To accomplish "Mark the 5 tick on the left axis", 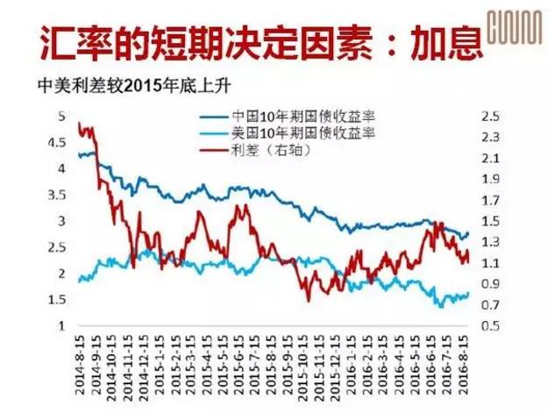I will [x=61, y=116].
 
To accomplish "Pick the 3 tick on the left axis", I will [x=61, y=221].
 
